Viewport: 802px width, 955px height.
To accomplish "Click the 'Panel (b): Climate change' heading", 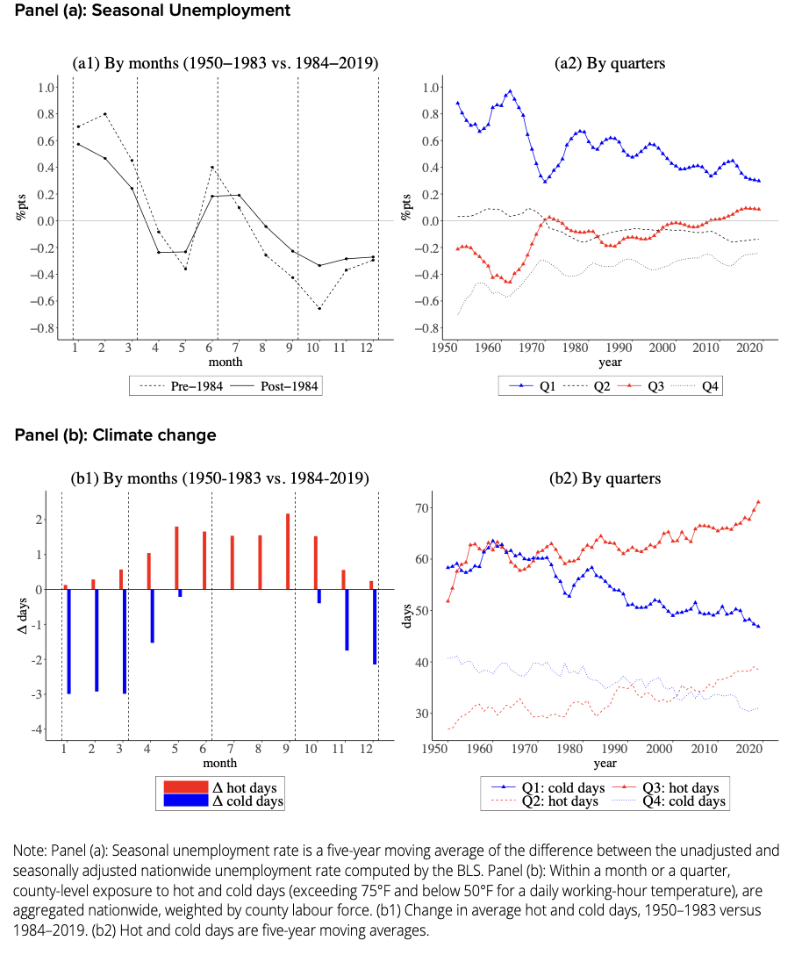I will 115,435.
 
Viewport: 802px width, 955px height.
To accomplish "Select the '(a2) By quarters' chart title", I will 610,63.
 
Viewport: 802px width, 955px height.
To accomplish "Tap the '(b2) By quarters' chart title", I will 610,478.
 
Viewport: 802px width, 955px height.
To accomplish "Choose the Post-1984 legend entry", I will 273,384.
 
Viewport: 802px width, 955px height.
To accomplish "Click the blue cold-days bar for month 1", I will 68,641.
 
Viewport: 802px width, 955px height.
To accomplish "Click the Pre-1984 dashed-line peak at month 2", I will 104,114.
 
